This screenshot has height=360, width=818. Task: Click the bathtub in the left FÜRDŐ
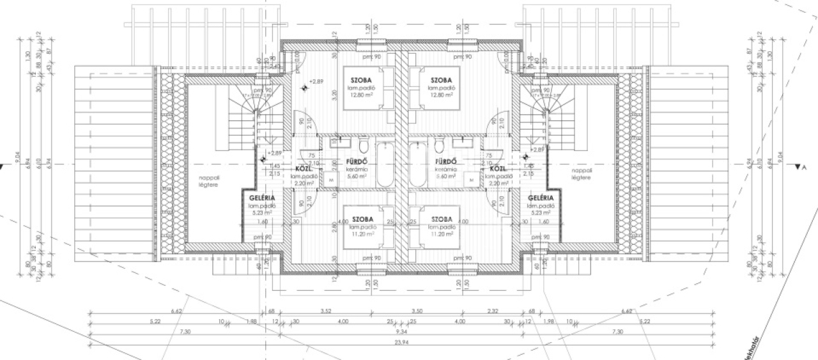pos(387,166)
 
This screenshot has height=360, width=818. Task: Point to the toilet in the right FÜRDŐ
pos(439,142)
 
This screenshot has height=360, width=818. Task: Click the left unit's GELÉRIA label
pos(263,198)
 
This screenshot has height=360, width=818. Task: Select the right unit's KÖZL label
pos(498,169)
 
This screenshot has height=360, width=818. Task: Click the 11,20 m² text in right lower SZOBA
pos(442,234)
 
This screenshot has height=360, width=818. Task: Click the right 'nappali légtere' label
pos(582,174)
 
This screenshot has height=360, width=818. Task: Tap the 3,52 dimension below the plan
pos(327,312)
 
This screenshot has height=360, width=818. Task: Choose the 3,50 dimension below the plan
pos(418,312)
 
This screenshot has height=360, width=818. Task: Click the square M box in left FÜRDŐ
pos(332,181)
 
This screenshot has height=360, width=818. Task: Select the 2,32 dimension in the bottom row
pos(492,312)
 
